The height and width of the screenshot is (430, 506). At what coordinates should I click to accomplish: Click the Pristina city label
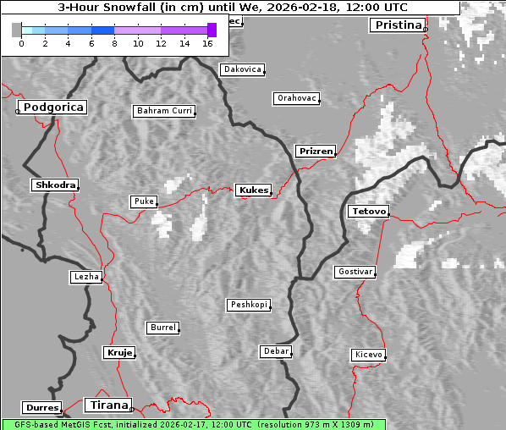click(397, 25)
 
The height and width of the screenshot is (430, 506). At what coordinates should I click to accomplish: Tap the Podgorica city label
click(52, 107)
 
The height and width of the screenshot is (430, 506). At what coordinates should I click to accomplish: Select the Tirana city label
click(107, 405)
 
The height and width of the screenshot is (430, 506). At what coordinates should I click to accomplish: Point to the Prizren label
click(316, 152)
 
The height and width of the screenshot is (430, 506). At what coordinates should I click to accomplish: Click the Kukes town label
click(253, 190)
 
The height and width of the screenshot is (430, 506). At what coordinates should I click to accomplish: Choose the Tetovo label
click(368, 211)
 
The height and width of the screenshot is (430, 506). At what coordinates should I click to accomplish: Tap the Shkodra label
click(55, 185)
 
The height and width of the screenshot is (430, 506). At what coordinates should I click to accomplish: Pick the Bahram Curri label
click(164, 111)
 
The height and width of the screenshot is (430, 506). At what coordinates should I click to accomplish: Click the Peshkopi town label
click(249, 305)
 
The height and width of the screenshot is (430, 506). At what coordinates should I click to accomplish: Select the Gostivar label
click(355, 272)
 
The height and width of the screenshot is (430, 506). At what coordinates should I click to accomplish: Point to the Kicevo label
click(368, 355)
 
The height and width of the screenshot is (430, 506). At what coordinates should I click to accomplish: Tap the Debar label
click(276, 351)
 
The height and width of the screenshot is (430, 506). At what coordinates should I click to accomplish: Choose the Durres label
click(42, 408)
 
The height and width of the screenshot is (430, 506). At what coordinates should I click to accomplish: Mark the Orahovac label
click(296, 98)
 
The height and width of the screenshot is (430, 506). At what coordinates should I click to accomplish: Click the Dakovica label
click(242, 69)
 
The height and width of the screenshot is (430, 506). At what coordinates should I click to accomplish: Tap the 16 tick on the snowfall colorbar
click(207, 42)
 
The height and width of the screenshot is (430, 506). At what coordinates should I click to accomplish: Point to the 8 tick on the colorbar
click(114, 42)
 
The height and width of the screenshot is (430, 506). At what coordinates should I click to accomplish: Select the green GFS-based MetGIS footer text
click(193, 424)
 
